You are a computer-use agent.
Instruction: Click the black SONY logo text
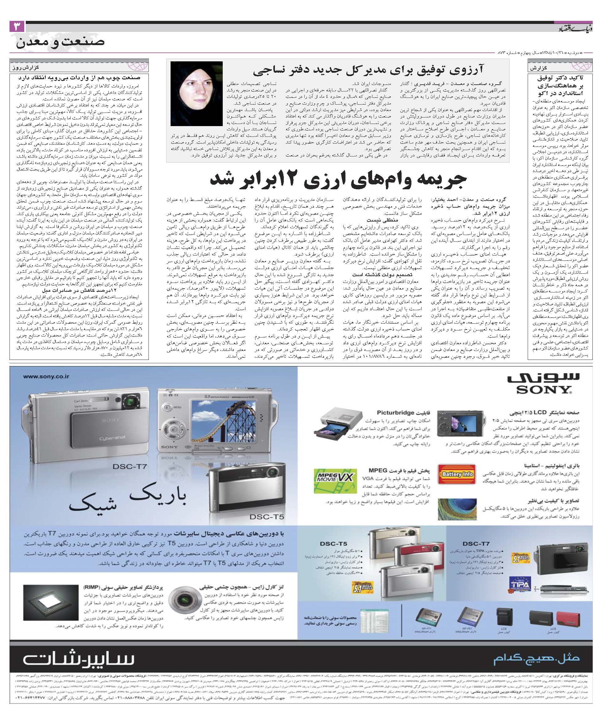click(543, 389)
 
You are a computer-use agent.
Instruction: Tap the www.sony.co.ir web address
click(46, 377)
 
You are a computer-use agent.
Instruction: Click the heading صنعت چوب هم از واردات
click(79, 78)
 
